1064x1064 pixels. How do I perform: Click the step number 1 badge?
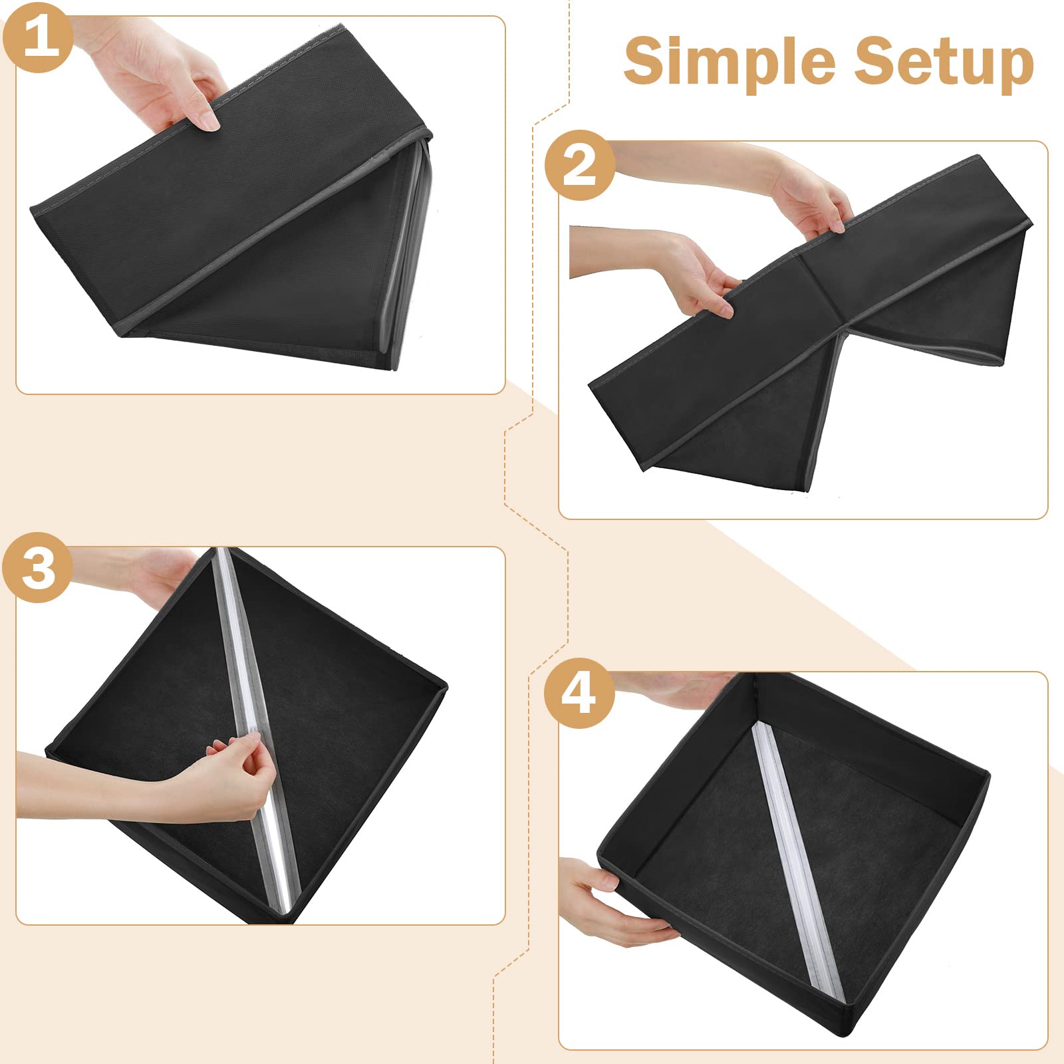[37, 37]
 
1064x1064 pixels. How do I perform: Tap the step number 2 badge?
[579, 165]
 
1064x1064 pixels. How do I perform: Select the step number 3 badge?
[37, 568]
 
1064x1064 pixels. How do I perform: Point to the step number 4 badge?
[579, 694]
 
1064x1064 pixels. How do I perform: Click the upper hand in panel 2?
[798, 190]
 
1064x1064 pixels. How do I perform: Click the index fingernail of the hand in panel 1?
[210, 122]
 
